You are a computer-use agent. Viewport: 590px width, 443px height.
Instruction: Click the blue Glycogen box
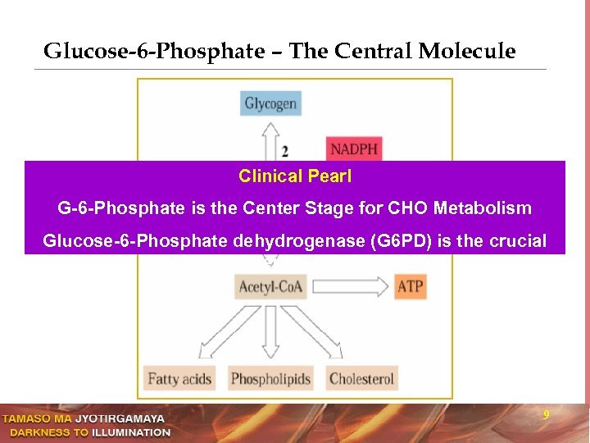pos(270,103)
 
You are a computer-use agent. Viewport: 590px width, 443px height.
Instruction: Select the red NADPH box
pos(354,149)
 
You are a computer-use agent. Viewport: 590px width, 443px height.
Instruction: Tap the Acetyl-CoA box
pos(270,286)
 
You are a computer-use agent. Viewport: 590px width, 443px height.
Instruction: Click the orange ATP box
pos(411,286)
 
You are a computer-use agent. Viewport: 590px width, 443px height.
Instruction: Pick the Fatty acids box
pos(179,378)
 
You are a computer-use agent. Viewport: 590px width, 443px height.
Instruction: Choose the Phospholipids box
pos(270,378)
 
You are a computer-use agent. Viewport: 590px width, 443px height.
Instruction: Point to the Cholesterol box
pos(361,378)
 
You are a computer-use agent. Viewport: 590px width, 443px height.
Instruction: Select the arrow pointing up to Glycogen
pos(270,139)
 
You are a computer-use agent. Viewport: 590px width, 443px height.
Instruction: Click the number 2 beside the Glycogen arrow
pos(284,151)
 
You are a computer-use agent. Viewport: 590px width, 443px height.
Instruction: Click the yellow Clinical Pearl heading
pos(294,176)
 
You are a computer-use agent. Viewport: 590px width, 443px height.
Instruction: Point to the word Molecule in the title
pos(467,52)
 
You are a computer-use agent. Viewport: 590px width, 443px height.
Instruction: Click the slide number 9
pos(547,417)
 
